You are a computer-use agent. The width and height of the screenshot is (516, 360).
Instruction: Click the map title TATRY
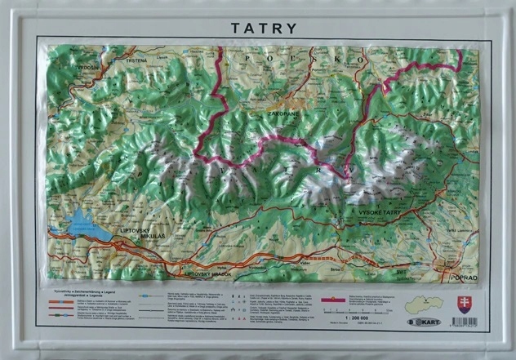tap(264, 28)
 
